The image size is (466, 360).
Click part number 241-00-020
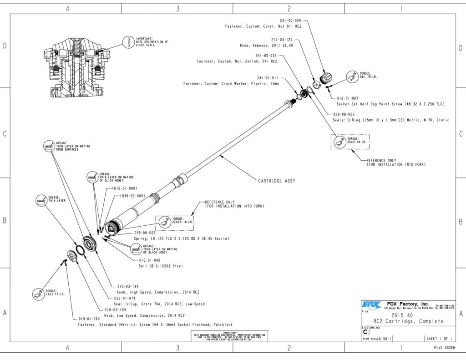[x=291, y=20]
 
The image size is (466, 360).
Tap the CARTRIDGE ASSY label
[x=277, y=181]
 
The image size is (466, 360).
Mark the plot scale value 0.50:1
[x=385, y=339]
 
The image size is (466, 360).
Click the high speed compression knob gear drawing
[x=91, y=245]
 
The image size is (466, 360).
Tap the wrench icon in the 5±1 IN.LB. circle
[x=350, y=78]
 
